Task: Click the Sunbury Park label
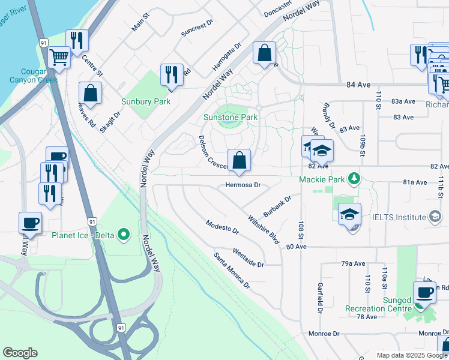click(146, 101)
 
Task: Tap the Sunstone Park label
click(231, 117)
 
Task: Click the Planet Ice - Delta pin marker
click(124, 234)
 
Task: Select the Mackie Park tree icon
click(355, 179)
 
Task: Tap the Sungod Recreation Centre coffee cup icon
click(425, 293)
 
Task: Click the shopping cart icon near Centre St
click(59, 57)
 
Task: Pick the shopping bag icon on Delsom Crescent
click(239, 160)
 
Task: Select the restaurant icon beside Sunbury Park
click(172, 74)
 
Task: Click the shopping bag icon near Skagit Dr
click(90, 93)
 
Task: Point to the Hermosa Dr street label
click(243, 185)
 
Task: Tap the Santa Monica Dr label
click(232, 271)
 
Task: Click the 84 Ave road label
click(358, 85)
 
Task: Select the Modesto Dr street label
click(222, 227)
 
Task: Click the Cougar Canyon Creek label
click(33, 75)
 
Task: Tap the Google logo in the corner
click(20, 353)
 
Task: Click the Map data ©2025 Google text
click(411, 355)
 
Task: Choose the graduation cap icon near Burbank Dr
click(349, 215)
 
